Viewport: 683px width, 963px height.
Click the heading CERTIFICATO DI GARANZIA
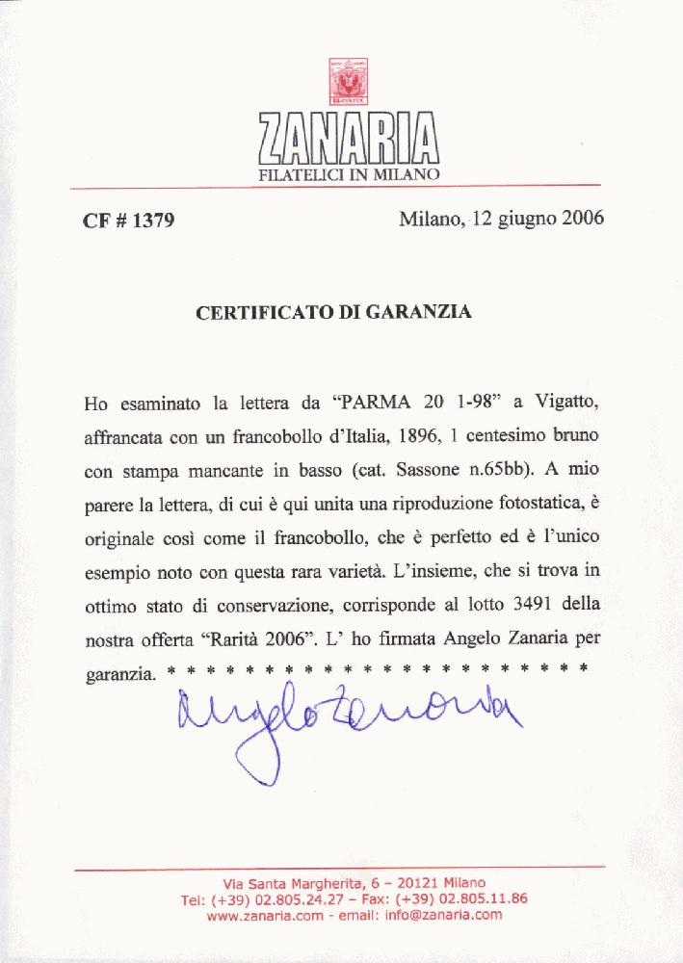click(x=333, y=313)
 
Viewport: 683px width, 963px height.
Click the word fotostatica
click(x=512, y=503)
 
